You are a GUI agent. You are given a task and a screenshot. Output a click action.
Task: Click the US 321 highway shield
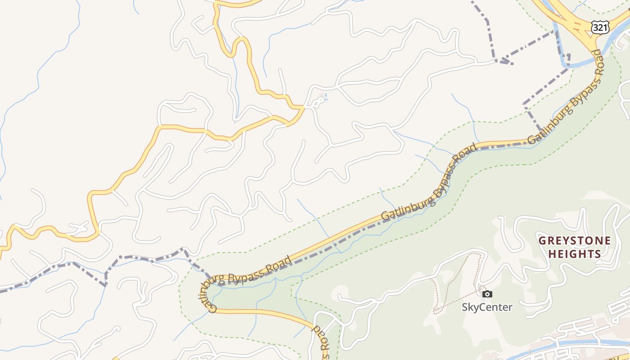pyautogui.click(x=600, y=27)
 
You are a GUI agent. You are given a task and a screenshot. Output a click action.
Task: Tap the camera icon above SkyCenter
pyautogui.click(x=487, y=294)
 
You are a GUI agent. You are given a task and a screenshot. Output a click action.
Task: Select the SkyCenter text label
pyautogui.click(x=487, y=307)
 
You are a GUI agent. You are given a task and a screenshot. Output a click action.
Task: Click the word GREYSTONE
pyautogui.click(x=575, y=241)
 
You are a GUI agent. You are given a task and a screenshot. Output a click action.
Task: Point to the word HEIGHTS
pyautogui.click(x=575, y=254)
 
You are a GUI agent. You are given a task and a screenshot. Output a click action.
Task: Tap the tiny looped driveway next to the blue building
pyautogui.click(x=316, y=103)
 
